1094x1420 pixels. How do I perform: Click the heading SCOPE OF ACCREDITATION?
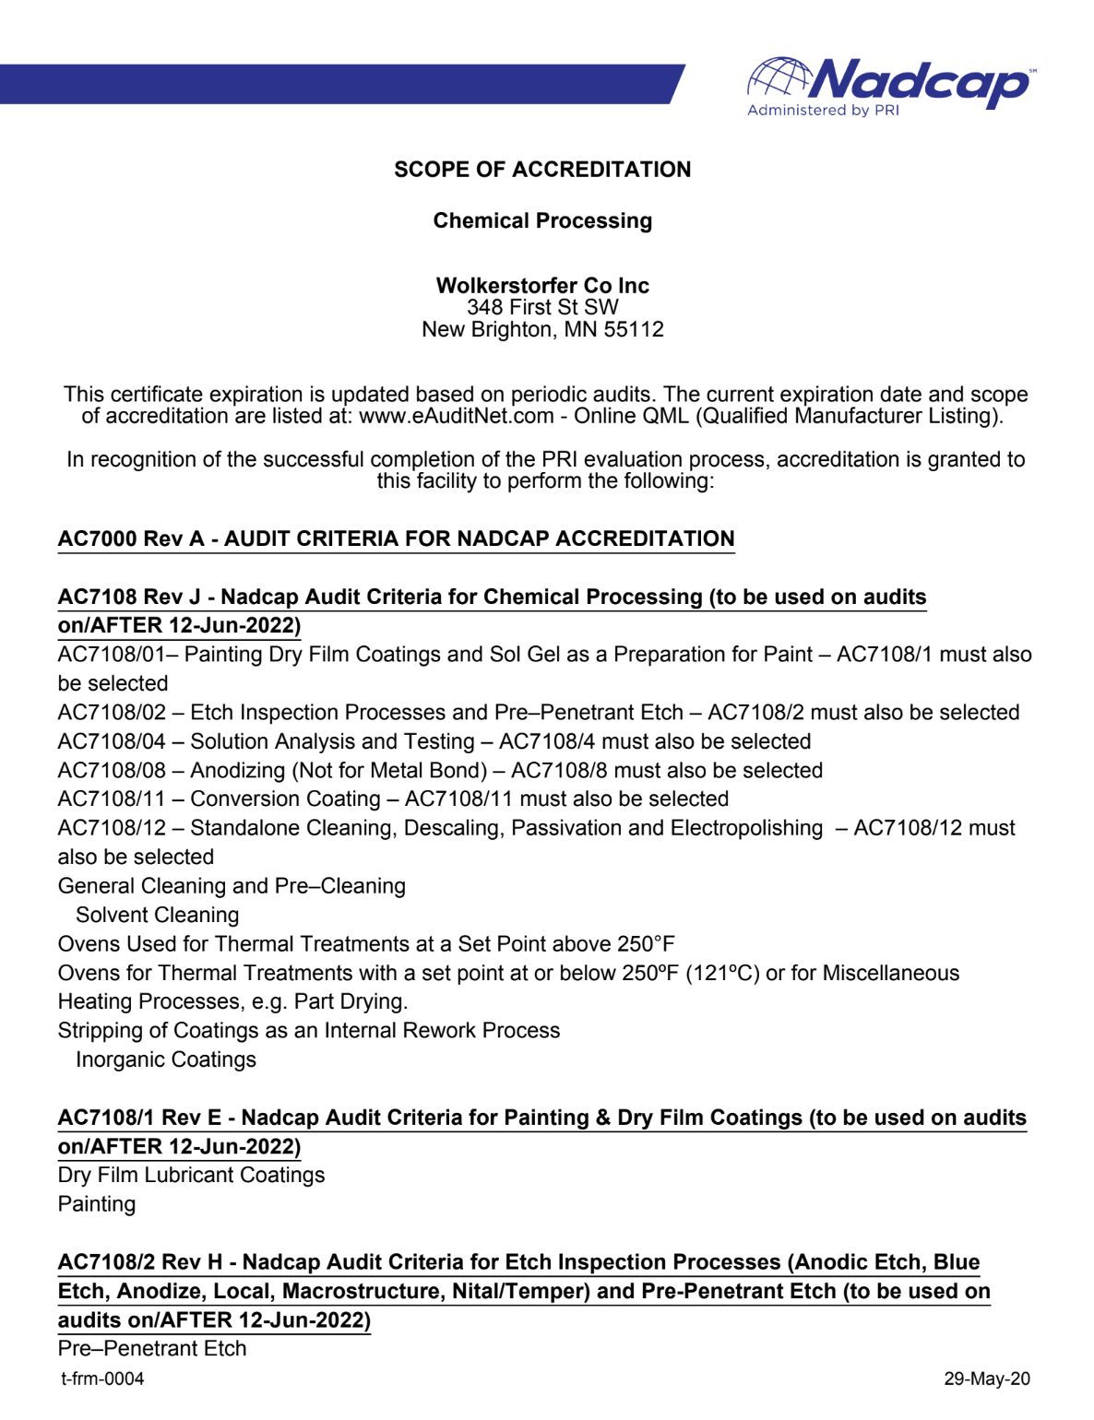coord(542,170)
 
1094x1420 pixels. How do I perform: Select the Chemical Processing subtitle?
coord(542,221)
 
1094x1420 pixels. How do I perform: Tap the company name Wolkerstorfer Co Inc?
coord(542,286)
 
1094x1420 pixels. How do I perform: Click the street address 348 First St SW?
coord(542,308)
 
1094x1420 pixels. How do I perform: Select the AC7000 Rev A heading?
coord(396,539)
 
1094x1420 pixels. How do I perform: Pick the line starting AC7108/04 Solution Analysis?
coord(434,742)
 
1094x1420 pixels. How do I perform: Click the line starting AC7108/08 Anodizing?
coord(440,771)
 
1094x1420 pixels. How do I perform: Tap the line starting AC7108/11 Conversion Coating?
coord(393,799)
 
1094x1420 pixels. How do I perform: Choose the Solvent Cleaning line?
coord(158,916)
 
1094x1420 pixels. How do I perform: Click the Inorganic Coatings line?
coord(166,1060)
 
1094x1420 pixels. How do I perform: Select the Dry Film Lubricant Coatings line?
coord(191,1176)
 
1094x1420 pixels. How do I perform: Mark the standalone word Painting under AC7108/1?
coord(97,1205)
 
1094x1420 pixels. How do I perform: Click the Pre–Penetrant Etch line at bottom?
coord(152,1349)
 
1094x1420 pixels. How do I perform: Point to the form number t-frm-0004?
coord(102,1379)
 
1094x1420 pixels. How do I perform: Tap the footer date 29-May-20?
coord(987,1379)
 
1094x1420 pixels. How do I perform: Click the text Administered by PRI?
coord(823,111)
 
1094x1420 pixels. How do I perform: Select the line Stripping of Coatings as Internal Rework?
coord(309,1031)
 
